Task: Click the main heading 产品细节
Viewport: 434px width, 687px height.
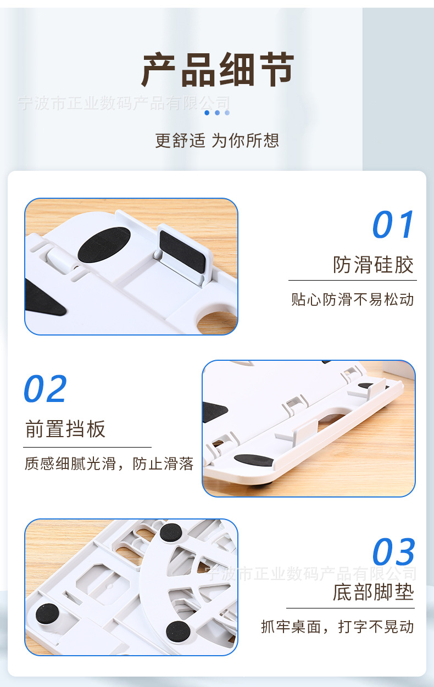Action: pyautogui.click(x=218, y=70)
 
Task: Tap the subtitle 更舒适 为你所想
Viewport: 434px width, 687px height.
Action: pyautogui.click(x=217, y=141)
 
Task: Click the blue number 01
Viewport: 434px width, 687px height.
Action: pyautogui.click(x=393, y=225)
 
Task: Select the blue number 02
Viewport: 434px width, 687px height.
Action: pyautogui.click(x=46, y=389)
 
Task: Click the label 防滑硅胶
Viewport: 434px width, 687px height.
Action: pyautogui.click(x=373, y=265)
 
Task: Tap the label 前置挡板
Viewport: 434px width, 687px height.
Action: pyautogui.click(x=65, y=429)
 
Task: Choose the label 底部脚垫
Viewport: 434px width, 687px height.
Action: pyautogui.click(x=373, y=593)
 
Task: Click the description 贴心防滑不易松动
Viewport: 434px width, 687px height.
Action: pyautogui.click(x=352, y=300)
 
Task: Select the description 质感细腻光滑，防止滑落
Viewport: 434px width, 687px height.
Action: pyautogui.click(x=109, y=464)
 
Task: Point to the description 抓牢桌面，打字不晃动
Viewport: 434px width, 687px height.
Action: pyautogui.click(x=337, y=627)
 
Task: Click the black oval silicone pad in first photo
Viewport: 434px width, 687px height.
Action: pyautogui.click(x=104, y=244)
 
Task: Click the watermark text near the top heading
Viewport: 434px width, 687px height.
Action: pyautogui.click(x=124, y=103)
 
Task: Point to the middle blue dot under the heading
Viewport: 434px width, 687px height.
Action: pyautogui.click(x=217, y=113)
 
